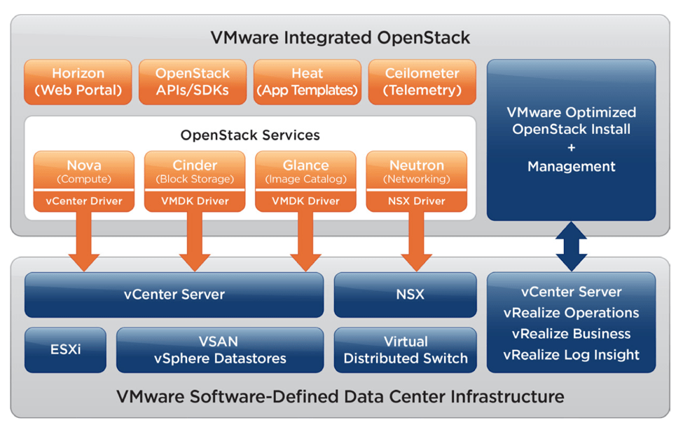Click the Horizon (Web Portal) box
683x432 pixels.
click(78, 82)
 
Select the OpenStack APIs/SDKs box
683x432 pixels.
click(192, 82)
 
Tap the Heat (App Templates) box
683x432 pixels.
click(307, 82)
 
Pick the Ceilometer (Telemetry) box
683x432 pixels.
click(422, 82)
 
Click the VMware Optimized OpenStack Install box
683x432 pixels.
click(571, 140)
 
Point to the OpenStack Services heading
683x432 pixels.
click(250, 135)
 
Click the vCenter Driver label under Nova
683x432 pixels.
click(84, 201)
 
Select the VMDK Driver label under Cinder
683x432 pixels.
click(195, 201)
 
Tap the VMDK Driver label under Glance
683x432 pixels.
click(306, 201)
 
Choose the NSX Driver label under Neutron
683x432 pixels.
click(417, 201)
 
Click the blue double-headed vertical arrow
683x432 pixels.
click(572, 246)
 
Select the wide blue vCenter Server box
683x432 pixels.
click(174, 295)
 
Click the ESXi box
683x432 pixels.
click(65, 349)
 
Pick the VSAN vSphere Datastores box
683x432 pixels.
click(220, 349)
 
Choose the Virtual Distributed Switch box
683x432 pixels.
click(406, 349)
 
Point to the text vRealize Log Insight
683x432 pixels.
click(571, 355)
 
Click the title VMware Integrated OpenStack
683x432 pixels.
click(341, 36)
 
